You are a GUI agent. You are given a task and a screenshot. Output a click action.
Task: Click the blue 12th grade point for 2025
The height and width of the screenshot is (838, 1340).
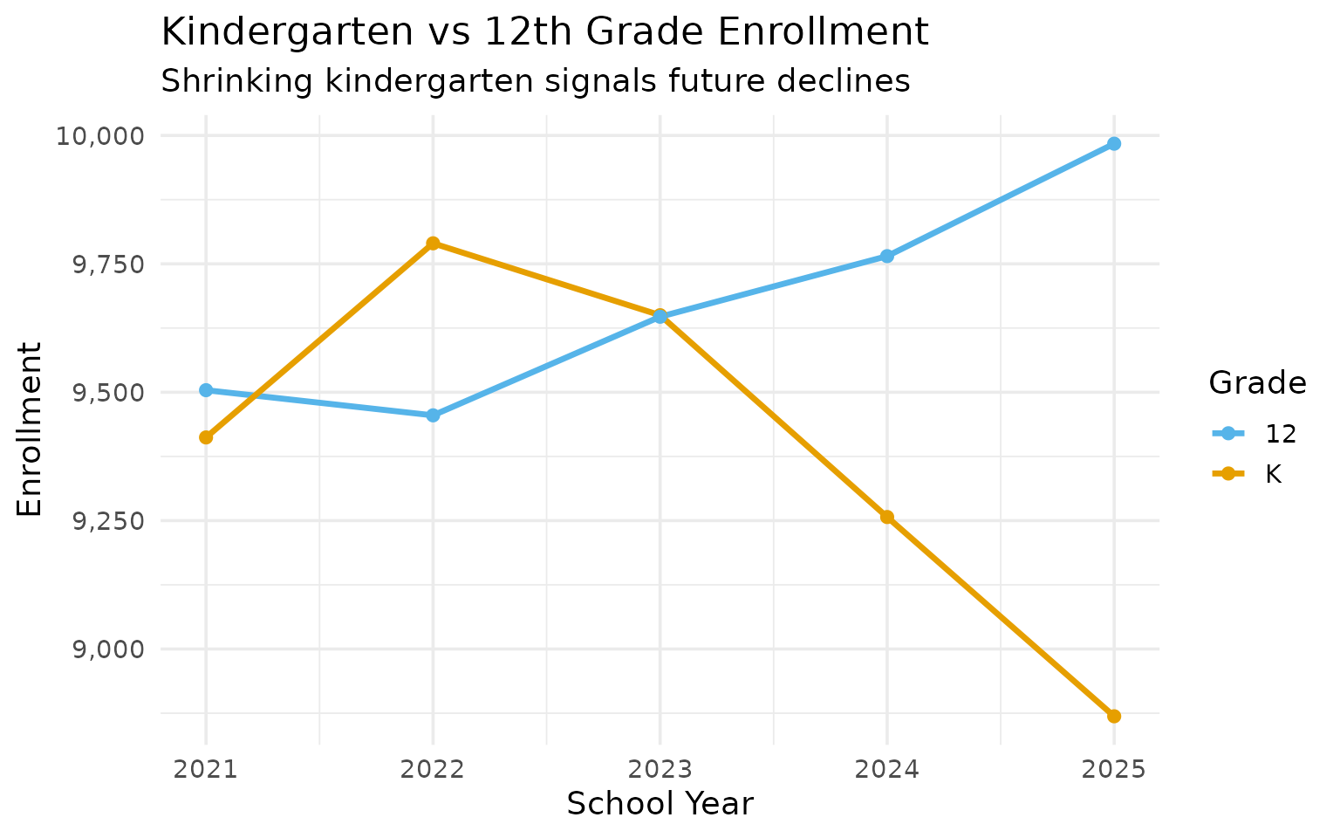(x=1113, y=144)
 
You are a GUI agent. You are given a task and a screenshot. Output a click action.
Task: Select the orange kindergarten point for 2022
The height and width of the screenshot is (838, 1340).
(x=433, y=244)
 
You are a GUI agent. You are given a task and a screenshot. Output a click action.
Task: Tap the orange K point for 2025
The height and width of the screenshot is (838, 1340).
(x=1113, y=717)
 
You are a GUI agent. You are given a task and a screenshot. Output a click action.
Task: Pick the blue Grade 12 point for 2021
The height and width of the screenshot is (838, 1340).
(x=206, y=390)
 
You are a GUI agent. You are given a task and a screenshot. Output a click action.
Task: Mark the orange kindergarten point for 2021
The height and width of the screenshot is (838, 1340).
(x=206, y=437)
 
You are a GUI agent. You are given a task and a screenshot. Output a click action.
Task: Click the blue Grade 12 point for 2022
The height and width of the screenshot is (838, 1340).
(x=433, y=416)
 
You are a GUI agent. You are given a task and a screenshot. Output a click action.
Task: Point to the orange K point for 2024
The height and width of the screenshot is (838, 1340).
(x=886, y=517)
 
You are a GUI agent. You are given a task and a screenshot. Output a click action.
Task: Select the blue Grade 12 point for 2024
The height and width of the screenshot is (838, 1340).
(x=886, y=257)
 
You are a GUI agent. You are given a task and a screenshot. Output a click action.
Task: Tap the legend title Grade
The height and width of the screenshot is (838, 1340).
(x=1257, y=383)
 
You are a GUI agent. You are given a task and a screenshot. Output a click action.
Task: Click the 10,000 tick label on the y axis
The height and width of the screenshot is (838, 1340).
(x=99, y=136)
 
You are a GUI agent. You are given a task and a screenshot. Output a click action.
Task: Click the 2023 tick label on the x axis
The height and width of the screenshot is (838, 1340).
(x=660, y=770)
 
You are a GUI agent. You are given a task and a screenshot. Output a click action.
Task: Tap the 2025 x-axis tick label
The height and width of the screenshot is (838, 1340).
(x=1113, y=770)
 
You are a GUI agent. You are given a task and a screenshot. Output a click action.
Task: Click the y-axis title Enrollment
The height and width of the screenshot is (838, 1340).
(x=31, y=429)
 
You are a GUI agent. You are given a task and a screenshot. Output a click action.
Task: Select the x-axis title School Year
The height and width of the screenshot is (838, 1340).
(x=660, y=804)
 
